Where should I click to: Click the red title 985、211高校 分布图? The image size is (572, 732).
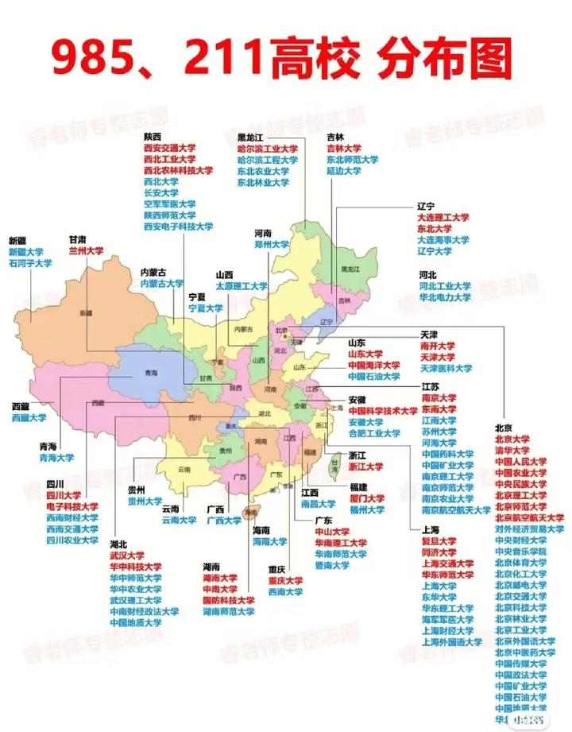282,60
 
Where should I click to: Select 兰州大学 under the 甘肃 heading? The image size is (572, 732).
86,250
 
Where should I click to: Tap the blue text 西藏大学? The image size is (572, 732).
29,417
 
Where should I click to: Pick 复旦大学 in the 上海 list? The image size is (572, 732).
438,540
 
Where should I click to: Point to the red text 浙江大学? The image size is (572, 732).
365,467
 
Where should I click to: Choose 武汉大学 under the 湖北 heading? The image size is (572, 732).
127,556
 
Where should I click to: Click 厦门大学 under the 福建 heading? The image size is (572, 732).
365,498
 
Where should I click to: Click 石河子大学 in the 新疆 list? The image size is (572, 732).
30,263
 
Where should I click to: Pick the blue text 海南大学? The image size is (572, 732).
269,541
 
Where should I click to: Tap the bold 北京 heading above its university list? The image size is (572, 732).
504,427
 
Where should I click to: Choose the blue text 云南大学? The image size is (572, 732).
179,521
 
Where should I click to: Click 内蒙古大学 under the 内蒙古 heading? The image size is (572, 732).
162,283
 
